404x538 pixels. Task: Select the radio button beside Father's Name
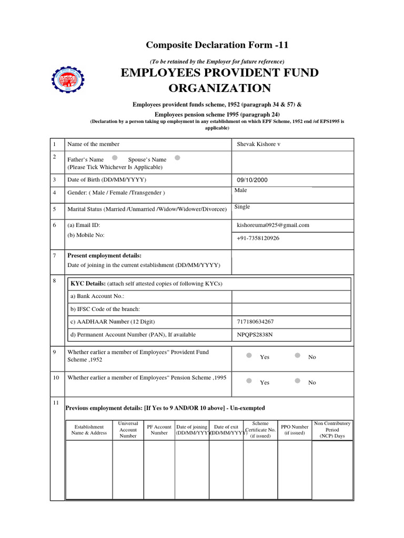(115, 158)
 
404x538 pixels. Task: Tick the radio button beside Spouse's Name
(177, 158)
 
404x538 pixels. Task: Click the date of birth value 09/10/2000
(252, 180)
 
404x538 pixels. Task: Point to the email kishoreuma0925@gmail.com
(273, 225)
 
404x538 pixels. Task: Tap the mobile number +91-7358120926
(258, 238)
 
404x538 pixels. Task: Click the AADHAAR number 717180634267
(256, 322)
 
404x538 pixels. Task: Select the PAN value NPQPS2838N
(255, 335)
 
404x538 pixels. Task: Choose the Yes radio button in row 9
(249, 356)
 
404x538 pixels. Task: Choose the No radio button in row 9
(297, 356)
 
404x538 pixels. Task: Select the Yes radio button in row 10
(249, 381)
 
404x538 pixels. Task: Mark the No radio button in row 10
(297, 381)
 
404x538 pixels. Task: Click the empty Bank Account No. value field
(291, 296)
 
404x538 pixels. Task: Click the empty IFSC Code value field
(291, 309)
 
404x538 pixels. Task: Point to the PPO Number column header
(295, 430)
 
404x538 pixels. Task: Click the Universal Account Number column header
(128, 429)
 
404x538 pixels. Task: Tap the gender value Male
(240, 190)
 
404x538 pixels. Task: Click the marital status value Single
(242, 207)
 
